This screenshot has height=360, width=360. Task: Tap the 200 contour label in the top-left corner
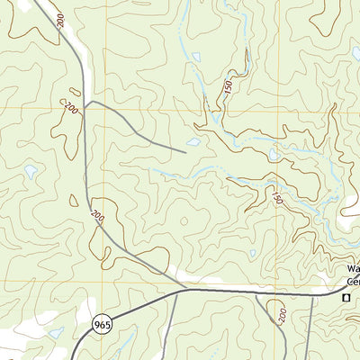pyautogui.click(x=60, y=20)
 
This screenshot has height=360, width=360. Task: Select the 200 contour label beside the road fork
pyautogui.click(x=70, y=109)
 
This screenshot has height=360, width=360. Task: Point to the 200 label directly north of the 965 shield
pyautogui.click(x=95, y=216)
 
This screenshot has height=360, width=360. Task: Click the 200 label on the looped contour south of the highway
pyautogui.click(x=280, y=316)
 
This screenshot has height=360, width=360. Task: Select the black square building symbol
pyautogui.click(x=345, y=296)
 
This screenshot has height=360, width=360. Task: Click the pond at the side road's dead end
pyautogui.click(x=193, y=142)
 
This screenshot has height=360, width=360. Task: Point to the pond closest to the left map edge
pyautogui.click(x=31, y=171)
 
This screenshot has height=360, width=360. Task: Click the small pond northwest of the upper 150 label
pyautogui.click(x=196, y=58)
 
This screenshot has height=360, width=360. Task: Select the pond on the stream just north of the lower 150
pyautogui.click(x=273, y=156)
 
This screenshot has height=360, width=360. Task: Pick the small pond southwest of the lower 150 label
pyautogui.click(x=253, y=254)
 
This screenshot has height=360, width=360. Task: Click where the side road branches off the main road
pyautogui.click(x=86, y=102)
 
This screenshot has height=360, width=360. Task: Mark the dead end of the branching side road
pyautogui.click(x=185, y=152)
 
